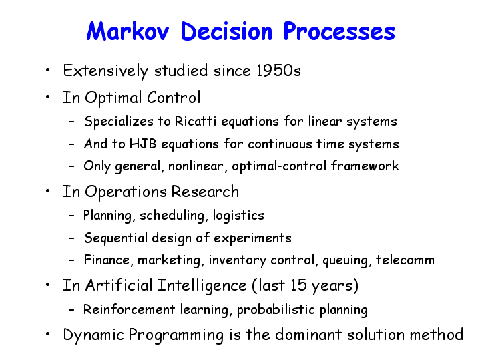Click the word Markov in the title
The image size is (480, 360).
pos(128,31)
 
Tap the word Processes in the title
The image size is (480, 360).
pos(339,31)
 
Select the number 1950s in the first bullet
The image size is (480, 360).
pos(278,71)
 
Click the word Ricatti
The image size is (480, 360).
pos(196,121)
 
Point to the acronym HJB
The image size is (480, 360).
pos(144,144)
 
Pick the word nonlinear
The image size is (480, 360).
pos(196,166)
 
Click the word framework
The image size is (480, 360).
pos(365,166)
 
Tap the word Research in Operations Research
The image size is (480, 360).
pos(205,192)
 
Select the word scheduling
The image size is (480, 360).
pos(172,215)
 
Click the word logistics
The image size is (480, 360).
pos(238,215)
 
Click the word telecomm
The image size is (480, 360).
pos(405,260)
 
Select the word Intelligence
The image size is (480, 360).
pos(202,286)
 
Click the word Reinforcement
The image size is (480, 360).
pos(130,309)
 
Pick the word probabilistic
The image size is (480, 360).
pos(276,310)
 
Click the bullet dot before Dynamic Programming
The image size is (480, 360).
pos(47,334)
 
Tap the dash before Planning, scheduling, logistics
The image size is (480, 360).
pos(71,216)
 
